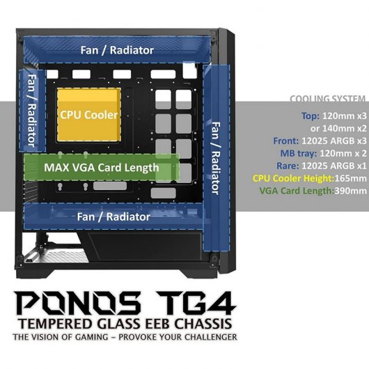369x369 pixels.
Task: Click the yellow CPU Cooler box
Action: click(x=89, y=115)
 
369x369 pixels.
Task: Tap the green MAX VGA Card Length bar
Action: click(x=102, y=167)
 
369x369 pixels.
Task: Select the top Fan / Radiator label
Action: click(x=117, y=50)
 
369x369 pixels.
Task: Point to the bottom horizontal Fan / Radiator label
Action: click(x=113, y=217)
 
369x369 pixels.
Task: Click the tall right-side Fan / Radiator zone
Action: click(x=217, y=157)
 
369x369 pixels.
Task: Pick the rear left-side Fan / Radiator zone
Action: click(x=32, y=111)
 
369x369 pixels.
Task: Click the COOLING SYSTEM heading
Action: click(x=328, y=99)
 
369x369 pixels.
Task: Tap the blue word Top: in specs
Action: click(x=311, y=116)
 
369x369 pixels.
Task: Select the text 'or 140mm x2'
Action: click(x=338, y=129)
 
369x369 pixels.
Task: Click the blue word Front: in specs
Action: click(x=285, y=141)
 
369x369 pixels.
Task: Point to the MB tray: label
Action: click(x=299, y=153)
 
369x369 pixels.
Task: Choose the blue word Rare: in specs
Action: click(x=288, y=166)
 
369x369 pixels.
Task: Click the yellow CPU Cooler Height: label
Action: click(x=293, y=178)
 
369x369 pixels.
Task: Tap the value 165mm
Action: click(x=350, y=178)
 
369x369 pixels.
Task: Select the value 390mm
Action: click(x=350, y=191)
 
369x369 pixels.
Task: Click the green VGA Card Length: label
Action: click(x=297, y=191)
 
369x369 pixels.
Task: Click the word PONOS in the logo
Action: click(x=78, y=303)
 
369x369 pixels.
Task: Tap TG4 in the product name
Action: click(x=196, y=303)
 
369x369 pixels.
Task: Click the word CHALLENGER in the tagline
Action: click(x=211, y=337)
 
